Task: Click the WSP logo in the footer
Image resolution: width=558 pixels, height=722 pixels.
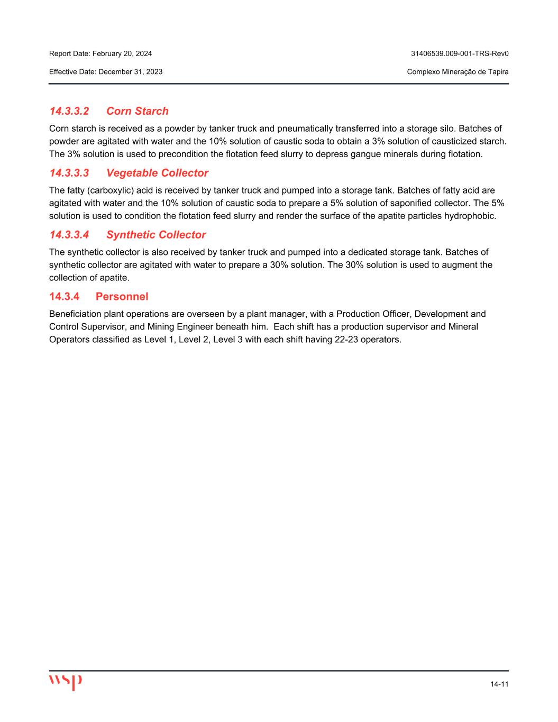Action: (66, 682)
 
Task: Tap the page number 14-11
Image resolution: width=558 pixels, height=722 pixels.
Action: (499, 684)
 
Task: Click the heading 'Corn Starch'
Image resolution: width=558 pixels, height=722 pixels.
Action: (138, 111)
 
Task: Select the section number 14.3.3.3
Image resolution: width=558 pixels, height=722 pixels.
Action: (69, 173)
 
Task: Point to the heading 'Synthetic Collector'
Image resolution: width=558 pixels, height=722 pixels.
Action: (156, 235)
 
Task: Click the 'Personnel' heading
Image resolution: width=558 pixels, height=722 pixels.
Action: (122, 297)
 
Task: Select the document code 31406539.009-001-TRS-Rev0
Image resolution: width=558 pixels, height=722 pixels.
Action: (460, 53)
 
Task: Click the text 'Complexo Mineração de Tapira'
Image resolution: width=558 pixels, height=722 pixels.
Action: (458, 71)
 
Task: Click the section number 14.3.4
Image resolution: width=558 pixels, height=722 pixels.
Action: (65, 297)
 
